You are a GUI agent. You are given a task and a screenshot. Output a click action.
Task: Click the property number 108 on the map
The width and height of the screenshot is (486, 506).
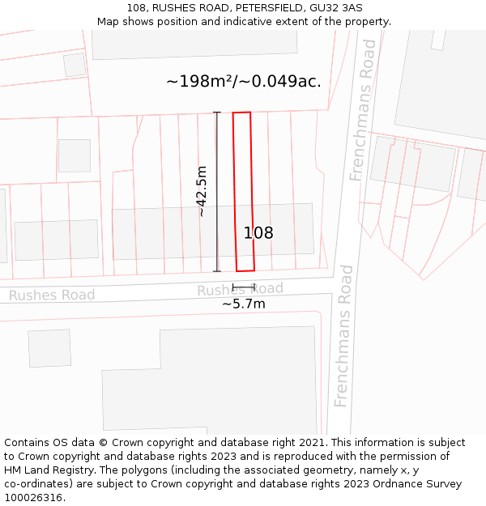(258, 233)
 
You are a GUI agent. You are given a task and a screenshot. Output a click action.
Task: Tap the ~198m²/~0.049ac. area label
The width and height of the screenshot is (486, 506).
(244, 81)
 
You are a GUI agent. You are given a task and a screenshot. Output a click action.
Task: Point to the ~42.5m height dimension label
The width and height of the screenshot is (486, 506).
(202, 191)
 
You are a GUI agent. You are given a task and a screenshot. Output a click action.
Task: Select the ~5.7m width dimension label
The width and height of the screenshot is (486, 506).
(244, 304)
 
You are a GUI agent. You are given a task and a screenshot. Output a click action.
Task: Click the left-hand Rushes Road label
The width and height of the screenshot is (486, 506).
(52, 296)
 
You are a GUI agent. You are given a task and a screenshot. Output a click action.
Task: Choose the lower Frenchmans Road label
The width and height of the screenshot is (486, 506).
(343, 335)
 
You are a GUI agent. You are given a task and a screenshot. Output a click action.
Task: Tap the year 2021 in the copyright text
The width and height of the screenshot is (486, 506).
(311, 443)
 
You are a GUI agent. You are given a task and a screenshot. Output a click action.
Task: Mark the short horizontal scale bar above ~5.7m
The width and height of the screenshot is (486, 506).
(243, 286)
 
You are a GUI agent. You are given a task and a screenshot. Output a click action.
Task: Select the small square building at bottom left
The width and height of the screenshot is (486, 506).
(49, 348)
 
